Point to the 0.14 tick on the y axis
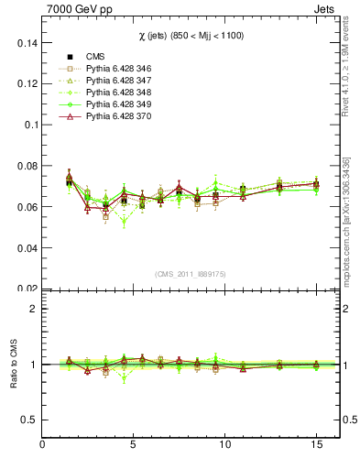[27, 42]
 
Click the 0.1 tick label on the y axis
[30, 125]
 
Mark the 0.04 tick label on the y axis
[27, 247]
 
